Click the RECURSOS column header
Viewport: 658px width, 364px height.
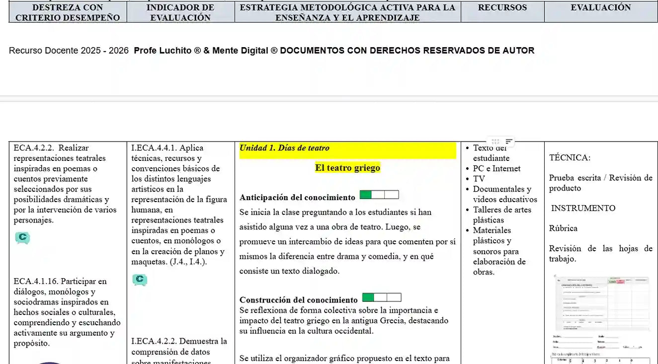pyautogui.click(x=502, y=8)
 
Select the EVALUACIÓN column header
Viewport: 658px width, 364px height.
pyautogui.click(x=600, y=8)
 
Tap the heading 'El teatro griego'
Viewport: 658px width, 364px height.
pyautogui.click(x=347, y=168)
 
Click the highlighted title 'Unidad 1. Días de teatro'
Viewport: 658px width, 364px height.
pyautogui.click(x=284, y=148)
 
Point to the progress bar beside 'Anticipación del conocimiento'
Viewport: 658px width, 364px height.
pyautogui.click(x=379, y=195)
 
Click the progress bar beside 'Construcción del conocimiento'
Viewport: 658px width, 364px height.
pyautogui.click(x=381, y=297)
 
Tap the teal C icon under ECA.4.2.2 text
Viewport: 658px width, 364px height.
pyautogui.click(x=22, y=238)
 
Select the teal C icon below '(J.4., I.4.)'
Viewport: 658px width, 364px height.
pyautogui.click(x=140, y=280)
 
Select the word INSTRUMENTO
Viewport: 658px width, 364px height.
pyautogui.click(x=583, y=208)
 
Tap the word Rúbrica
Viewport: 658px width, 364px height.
pyautogui.click(x=563, y=228)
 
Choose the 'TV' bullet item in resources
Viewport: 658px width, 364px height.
pyautogui.click(x=479, y=179)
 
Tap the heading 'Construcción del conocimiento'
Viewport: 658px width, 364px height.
pyautogui.click(x=298, y=300)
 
